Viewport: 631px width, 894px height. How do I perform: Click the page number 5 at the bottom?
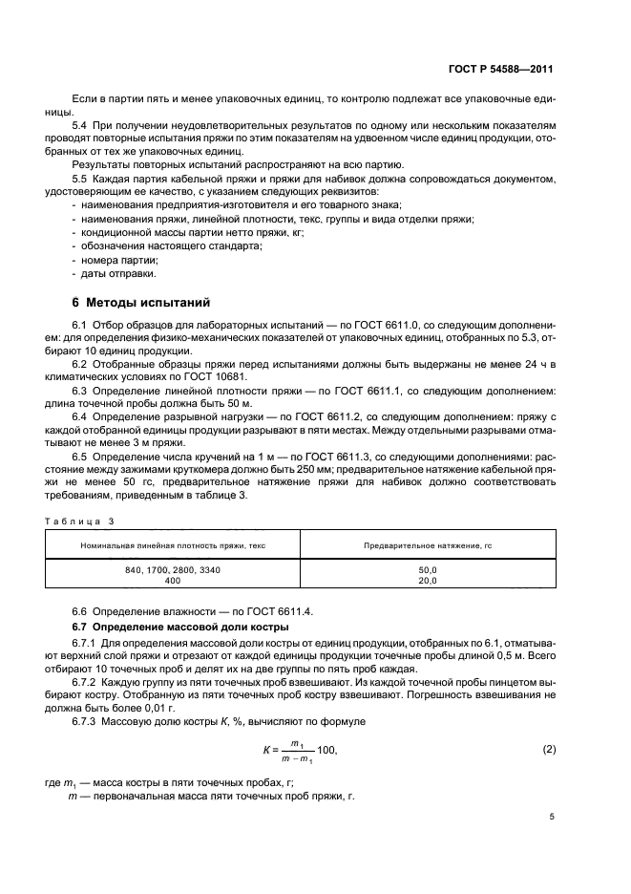click(552, 817)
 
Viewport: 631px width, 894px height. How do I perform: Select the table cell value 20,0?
click(427, 580)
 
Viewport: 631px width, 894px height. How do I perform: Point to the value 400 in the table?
click(173, 580)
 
